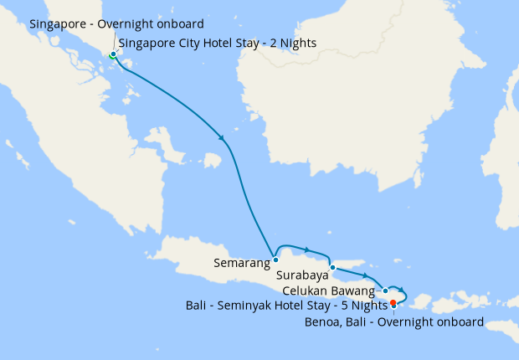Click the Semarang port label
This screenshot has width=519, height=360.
242,263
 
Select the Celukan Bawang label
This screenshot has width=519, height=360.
329,291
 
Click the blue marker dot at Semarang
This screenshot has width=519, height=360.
275,260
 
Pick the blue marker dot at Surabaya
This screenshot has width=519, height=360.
332,268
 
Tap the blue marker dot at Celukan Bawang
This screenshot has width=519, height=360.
385,291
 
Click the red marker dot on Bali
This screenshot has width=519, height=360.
393,302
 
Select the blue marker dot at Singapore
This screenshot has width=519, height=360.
113,55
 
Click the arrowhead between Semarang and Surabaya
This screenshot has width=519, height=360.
308,249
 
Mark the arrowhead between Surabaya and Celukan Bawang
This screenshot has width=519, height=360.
366,275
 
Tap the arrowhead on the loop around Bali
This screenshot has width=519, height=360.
402,289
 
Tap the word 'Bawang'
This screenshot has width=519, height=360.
354,291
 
